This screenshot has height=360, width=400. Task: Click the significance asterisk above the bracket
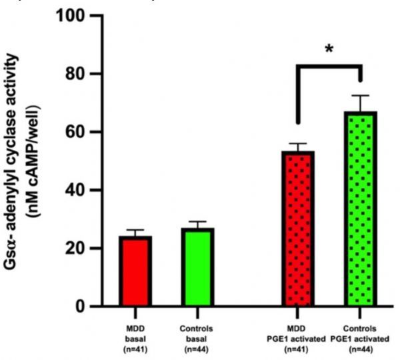tap(329, 49)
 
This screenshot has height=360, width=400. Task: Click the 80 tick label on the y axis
tap(81, 74)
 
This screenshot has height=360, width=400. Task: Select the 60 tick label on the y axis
tap(81, 132)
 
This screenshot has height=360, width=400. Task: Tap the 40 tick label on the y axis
tap(81, 191)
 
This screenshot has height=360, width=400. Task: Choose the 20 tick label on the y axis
tap(81, 249)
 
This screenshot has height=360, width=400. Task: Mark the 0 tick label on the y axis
tap(86, 307)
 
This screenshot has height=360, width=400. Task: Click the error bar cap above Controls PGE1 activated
tap(361, 95)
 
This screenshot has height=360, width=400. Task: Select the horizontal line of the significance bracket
tap(329, 67)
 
